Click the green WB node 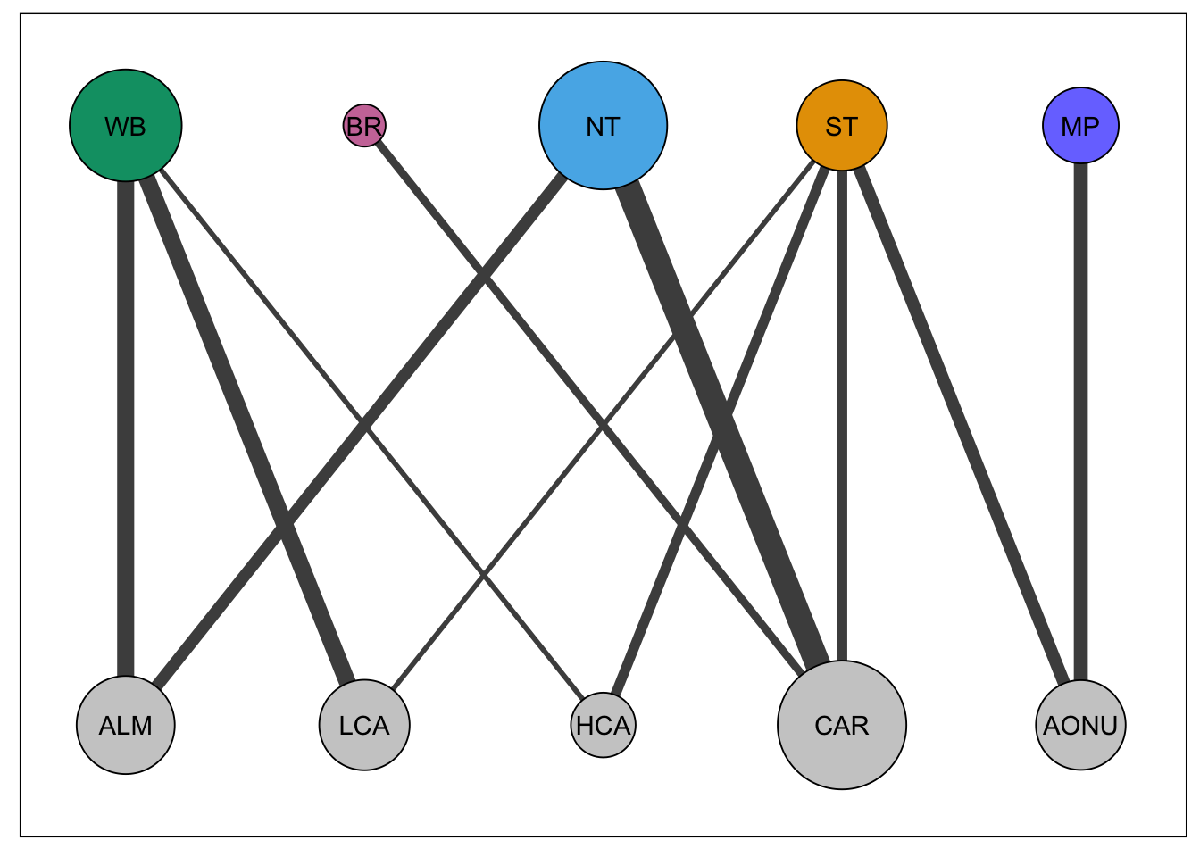coord(126,126)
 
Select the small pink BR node coord(364,126)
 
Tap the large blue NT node coord(604,126)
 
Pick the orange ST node coord(842,126)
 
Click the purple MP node coord(1080,126)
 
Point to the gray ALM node coord(126,725)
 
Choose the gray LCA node coord(364,725)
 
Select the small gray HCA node coord(604,725)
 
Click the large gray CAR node coord(842,725)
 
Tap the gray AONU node coord(1080,725)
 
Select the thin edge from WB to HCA coord(268,304)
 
